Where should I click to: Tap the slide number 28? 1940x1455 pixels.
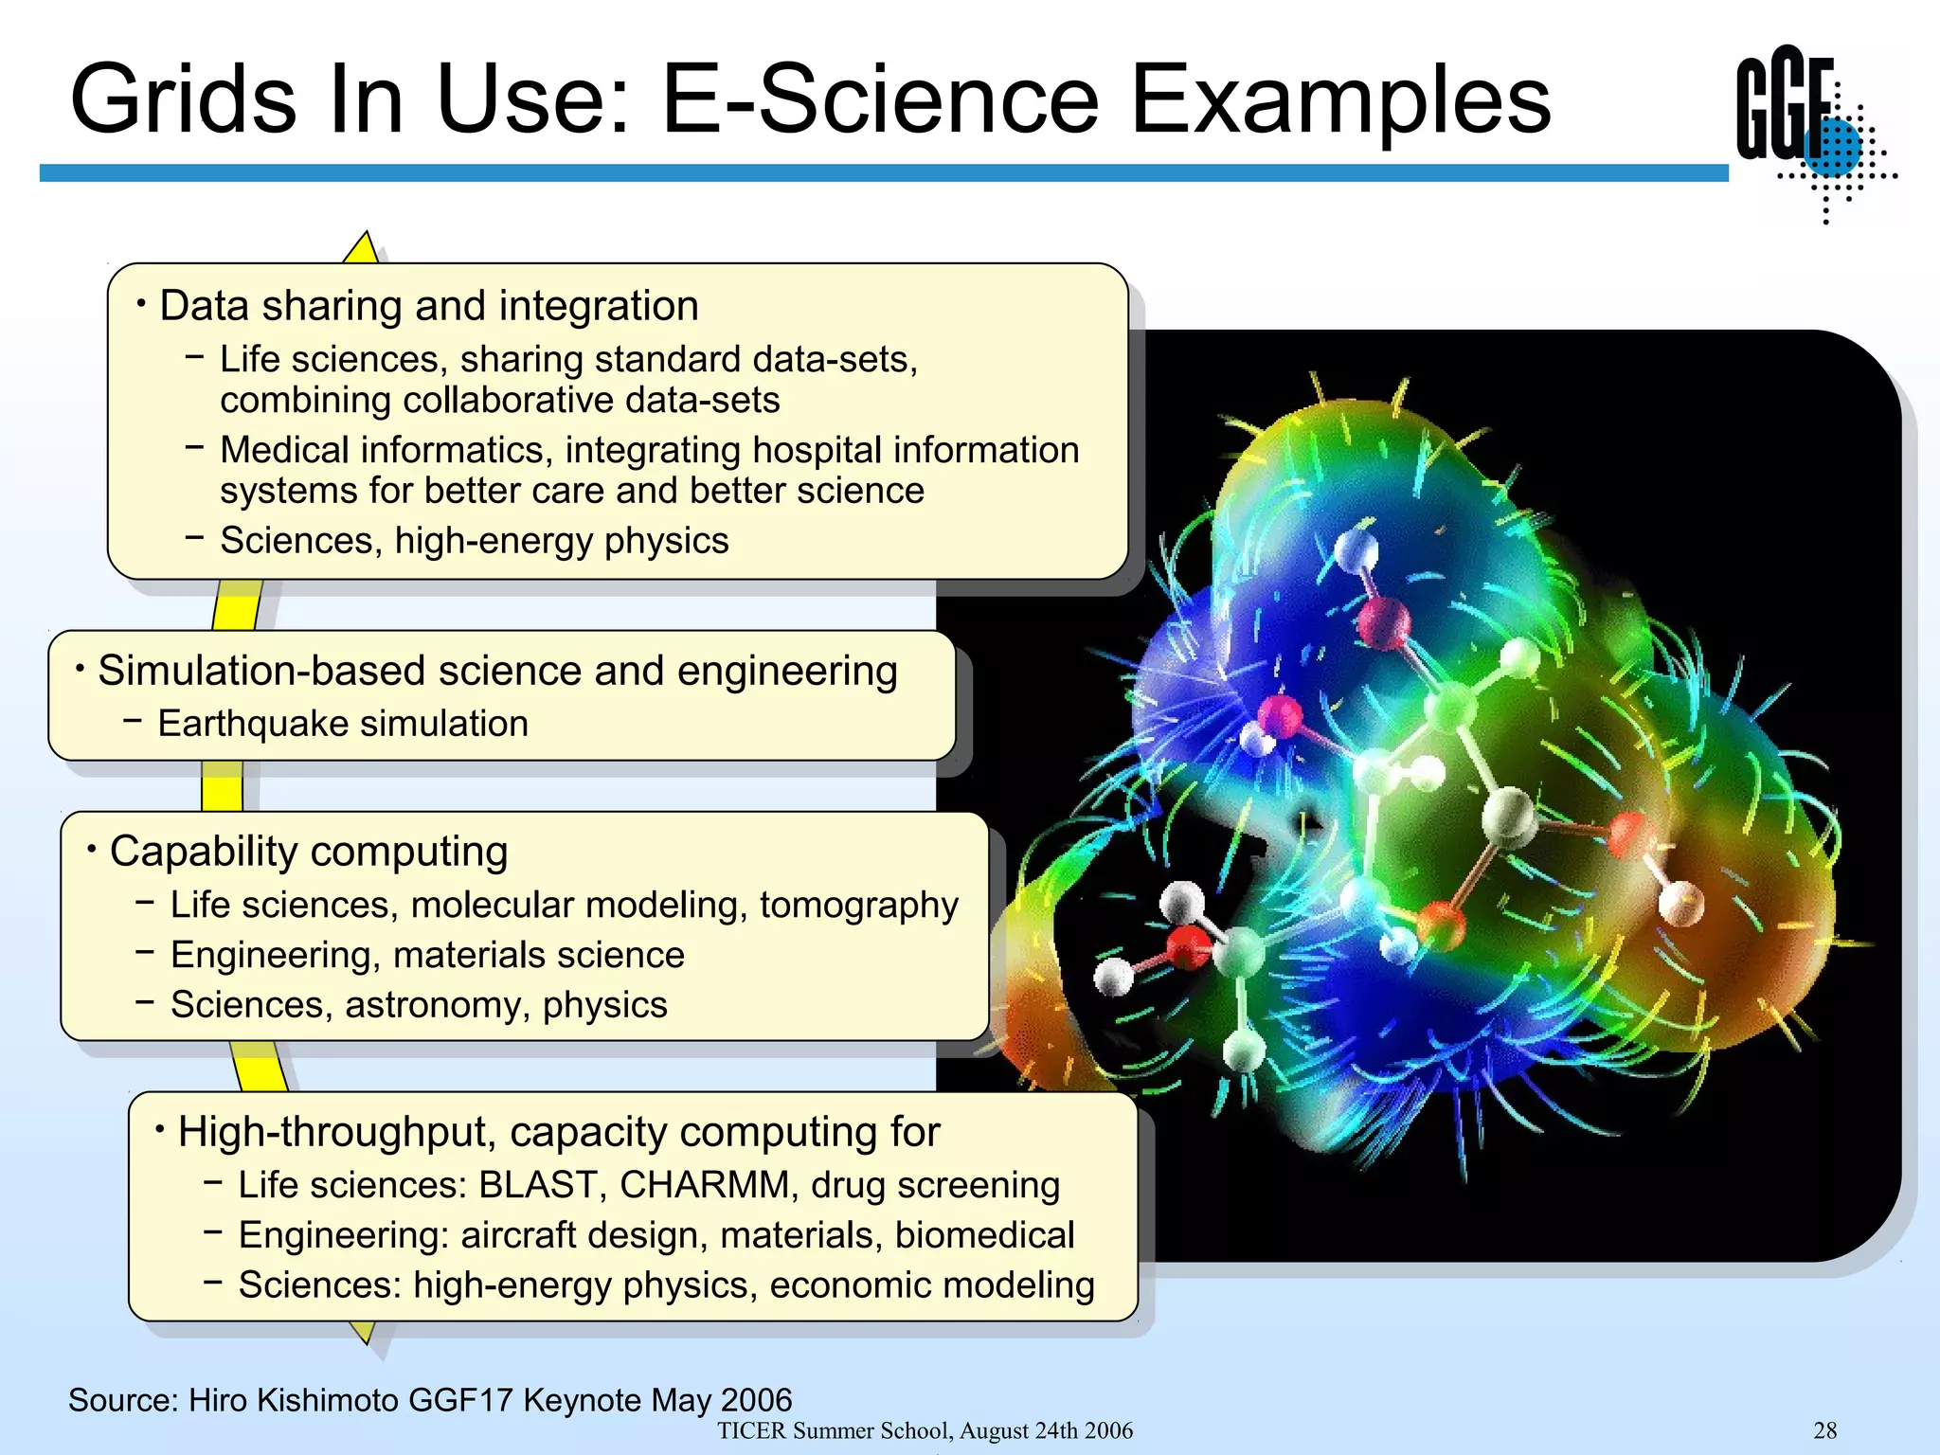click(x=1824, y=1430)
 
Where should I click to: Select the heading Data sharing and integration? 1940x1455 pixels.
click(x=428, y=306)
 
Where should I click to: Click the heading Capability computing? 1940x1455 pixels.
click(x=309, y=852)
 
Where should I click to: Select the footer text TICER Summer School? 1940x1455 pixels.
click(x=834, y=1430)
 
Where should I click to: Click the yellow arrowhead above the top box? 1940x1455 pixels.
click(x=363, y=248)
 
